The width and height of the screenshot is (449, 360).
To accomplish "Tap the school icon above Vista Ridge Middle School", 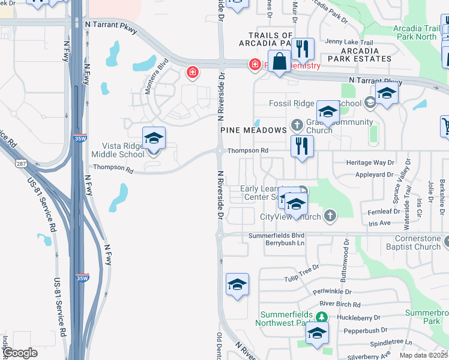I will pyautogui.click(x=154, y=139).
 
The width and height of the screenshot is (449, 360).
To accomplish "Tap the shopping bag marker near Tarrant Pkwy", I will pyautogui.click(x=279, y=62).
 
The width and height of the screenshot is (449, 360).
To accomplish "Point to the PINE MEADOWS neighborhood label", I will pyautogui.click(x=253, y=130).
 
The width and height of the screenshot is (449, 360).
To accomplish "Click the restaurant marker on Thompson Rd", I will pyautogui.click(x=302, y=146).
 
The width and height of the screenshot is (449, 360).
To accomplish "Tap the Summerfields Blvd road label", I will pyautogui.click(x=277, y=236).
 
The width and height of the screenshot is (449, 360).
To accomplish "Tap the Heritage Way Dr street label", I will pyautogui.click(x=371, y=163).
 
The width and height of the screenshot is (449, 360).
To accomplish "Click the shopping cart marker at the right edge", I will pyautogui.click(x=446, y=126).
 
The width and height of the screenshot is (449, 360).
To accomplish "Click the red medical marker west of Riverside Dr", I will pyautogui.click(x=192, y=73).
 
